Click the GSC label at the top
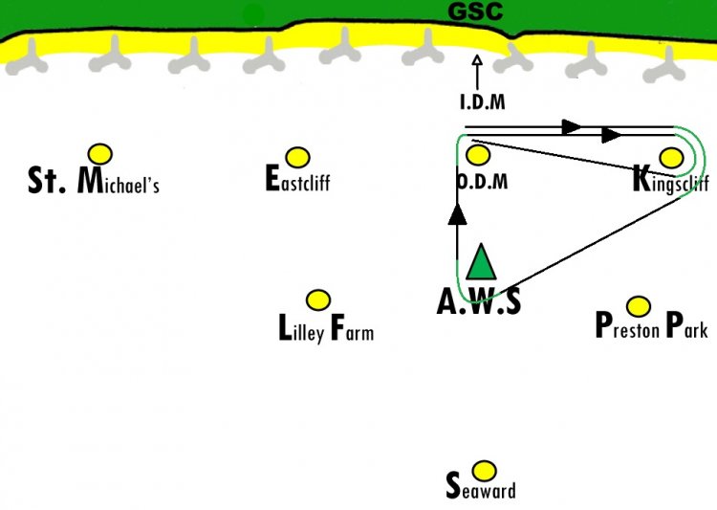(475, 11)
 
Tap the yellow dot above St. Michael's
(100, 154)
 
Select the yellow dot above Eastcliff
(297, 158)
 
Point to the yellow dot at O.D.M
(478, 155)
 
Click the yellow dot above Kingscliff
(672, 158)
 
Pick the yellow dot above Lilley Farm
(318, 300)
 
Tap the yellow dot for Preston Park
(639, 306)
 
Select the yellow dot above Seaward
(484, 471)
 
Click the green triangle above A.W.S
(481, 262)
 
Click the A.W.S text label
(479, 301)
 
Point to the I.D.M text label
(483, 101)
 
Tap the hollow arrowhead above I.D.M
(477, 60)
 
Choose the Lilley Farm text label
(326, 328)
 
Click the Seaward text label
(481, 486)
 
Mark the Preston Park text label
(652, 325)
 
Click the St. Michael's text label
(94, 181)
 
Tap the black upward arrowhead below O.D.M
(457, 214)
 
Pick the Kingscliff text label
(671, 180)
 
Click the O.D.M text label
(483, 182)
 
